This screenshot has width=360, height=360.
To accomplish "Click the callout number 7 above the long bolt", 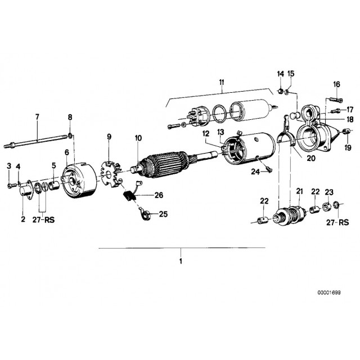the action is pyautogui.click(x=37, y=117).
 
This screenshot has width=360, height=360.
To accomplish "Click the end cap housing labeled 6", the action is pyautogui.click(x=79, y=181).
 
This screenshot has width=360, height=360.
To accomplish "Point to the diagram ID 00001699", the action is pyautogui.click(x=329, y=292).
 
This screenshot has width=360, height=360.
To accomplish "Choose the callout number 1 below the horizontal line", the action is pyautogui.click(x=181, y=261).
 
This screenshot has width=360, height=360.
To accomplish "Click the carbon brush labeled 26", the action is pyautogui.click(x=129, y=197).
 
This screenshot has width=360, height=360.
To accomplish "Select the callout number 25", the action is pyautogui.click(x=164, y=214).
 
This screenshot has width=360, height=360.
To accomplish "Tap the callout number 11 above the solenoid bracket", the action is pyautogui.click(x=222, y=83).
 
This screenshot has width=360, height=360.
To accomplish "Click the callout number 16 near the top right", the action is pyautogui.click(x=336, y=84).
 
